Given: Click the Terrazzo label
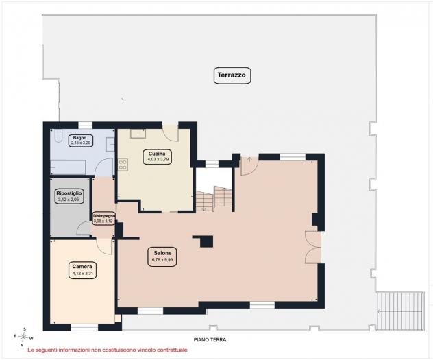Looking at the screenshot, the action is coord(232,75).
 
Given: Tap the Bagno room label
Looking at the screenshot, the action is coord(80,141).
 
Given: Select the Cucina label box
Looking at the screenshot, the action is coord(157,156).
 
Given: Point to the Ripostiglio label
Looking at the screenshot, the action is coord(69,196).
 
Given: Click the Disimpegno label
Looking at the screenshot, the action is coord(103,218).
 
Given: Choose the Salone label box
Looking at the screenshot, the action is coord(162,256).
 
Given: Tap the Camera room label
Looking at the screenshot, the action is coord(82,270).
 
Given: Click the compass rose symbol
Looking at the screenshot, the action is coord(24,337).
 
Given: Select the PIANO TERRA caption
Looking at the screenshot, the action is coord(210,339).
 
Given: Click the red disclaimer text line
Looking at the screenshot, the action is coord(108,350).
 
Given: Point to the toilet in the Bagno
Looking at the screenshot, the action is coord(58,135).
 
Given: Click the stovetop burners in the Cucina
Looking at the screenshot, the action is coord(123,165).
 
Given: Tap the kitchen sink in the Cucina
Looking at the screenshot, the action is coord(138,133).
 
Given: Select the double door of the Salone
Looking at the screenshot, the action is coord(313,248).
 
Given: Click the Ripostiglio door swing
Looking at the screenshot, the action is coord(84,228).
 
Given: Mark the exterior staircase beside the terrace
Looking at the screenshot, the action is coord(400,311).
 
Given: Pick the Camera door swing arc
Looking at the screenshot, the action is coord(104,246).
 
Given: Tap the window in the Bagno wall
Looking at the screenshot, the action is coord(86,125).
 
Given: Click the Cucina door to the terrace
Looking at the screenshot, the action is coord(170,133).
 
